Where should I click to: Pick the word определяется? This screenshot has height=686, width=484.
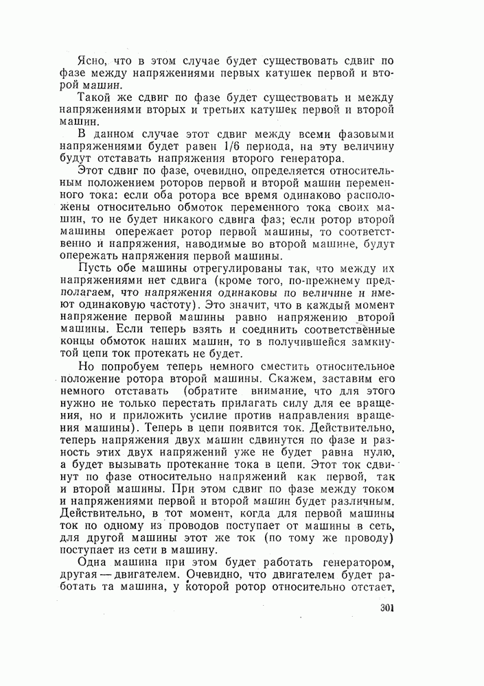[x=288, y=169]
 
